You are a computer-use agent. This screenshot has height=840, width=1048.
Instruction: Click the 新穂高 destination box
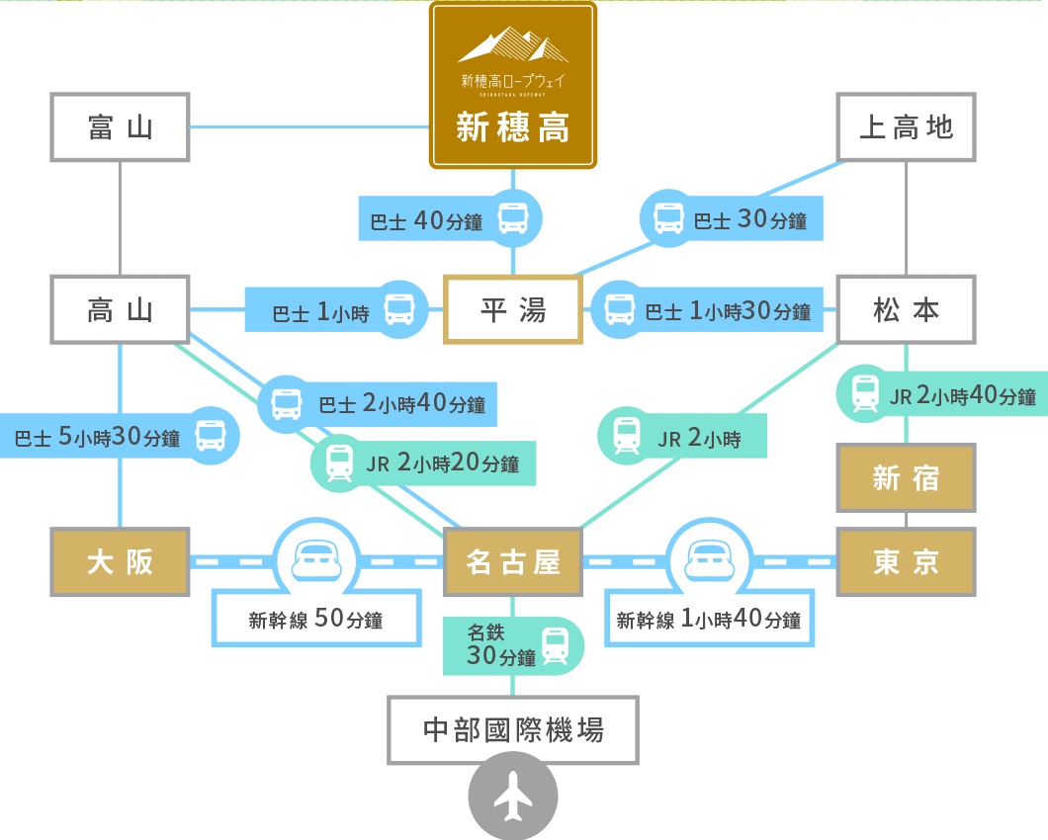click(x=512, y=86)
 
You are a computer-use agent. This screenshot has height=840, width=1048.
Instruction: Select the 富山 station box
click(x=120, y=127)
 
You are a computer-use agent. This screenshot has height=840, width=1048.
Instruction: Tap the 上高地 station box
click(x=906, y=127)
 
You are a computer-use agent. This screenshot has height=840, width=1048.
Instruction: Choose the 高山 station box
click(x=120, y=309)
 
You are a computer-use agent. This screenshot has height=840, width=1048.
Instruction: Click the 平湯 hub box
click(x=512, y=309)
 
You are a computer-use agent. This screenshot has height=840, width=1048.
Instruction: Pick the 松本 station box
click(x=906, y=309)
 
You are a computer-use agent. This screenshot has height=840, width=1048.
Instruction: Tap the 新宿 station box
click(x=906, y=477)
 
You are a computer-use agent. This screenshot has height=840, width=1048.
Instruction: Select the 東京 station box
click(x=906, y=561)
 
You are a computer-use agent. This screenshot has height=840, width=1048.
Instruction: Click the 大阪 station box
click(x=120, y=561)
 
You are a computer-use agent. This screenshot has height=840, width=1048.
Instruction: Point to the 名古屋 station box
click(x=512, y=561)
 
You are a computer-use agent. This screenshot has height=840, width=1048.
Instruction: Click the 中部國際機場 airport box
click(x=512, y=730)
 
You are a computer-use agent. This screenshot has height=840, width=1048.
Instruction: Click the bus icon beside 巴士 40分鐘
click(x=513, y=218)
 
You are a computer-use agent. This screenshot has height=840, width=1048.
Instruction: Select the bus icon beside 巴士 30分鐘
click(x=669, y=219)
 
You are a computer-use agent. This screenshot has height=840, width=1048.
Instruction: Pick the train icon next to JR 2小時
click(x=626, y=436)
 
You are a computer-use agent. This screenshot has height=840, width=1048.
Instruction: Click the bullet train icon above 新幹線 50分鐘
click(x=315, y=559)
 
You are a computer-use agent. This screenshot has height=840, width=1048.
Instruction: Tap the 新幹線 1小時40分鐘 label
click(x=709, y=621)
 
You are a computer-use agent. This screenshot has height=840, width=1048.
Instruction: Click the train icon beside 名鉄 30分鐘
click(x=556, y=647)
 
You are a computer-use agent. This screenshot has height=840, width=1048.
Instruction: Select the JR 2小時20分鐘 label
click(x=442, y=462)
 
